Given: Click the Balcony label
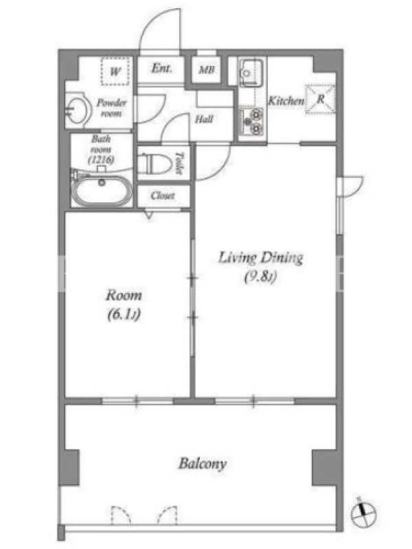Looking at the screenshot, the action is tap(203, 464).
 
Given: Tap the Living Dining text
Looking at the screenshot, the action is tap(261, 258).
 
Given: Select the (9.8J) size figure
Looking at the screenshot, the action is tap(260, 277).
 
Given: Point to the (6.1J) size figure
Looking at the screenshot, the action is tap(124, 314).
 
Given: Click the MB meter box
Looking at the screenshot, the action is tap(207, 69).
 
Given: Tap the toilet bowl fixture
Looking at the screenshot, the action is tap(153, 163).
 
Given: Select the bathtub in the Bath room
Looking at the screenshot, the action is tap(102, 189).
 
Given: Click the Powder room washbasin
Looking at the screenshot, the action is tap(76, 110).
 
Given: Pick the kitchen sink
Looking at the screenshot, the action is tap(250, 73).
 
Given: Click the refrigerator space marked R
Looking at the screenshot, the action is tap(320, 99).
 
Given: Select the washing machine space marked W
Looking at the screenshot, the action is tap(115, 71).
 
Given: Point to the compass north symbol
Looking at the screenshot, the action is tap(363, 514).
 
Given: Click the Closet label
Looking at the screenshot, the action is tap(163, 196).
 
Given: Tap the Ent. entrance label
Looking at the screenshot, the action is tap(161, 68).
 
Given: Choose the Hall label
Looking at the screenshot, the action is tap(204, 119).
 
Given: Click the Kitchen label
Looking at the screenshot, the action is tap(286, 101).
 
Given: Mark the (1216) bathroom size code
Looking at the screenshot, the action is tap(101, 160).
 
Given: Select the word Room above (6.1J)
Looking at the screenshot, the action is tap(124, 295).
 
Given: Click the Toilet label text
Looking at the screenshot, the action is tap(179, 163).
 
